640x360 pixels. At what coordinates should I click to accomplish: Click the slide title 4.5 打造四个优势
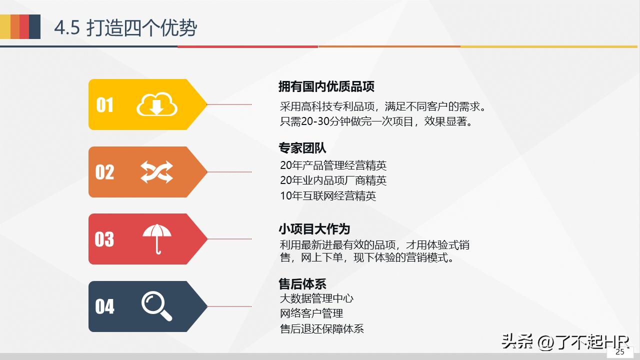125,28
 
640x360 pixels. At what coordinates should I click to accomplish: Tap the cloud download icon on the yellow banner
157,104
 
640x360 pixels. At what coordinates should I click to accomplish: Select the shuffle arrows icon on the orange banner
156,172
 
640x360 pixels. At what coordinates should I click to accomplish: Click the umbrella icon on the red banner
157,238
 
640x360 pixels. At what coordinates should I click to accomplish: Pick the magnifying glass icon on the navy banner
156,306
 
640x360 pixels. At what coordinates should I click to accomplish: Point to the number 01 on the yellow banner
105,105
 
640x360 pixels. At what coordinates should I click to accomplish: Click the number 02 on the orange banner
105,172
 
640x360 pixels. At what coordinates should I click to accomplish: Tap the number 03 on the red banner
104,239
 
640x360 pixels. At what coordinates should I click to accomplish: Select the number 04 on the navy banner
105,306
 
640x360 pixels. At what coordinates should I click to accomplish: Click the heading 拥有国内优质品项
326,86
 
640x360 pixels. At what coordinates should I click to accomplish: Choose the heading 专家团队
302,148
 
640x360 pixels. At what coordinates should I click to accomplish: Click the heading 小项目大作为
314,229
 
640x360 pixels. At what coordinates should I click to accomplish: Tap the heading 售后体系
302,284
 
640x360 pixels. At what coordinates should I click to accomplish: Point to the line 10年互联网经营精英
328,195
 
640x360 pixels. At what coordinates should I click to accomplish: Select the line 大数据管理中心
316,298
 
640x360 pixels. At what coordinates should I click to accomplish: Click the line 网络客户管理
311,313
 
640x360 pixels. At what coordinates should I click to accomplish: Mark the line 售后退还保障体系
322,328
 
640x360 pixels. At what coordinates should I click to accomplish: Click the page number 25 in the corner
620,352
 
